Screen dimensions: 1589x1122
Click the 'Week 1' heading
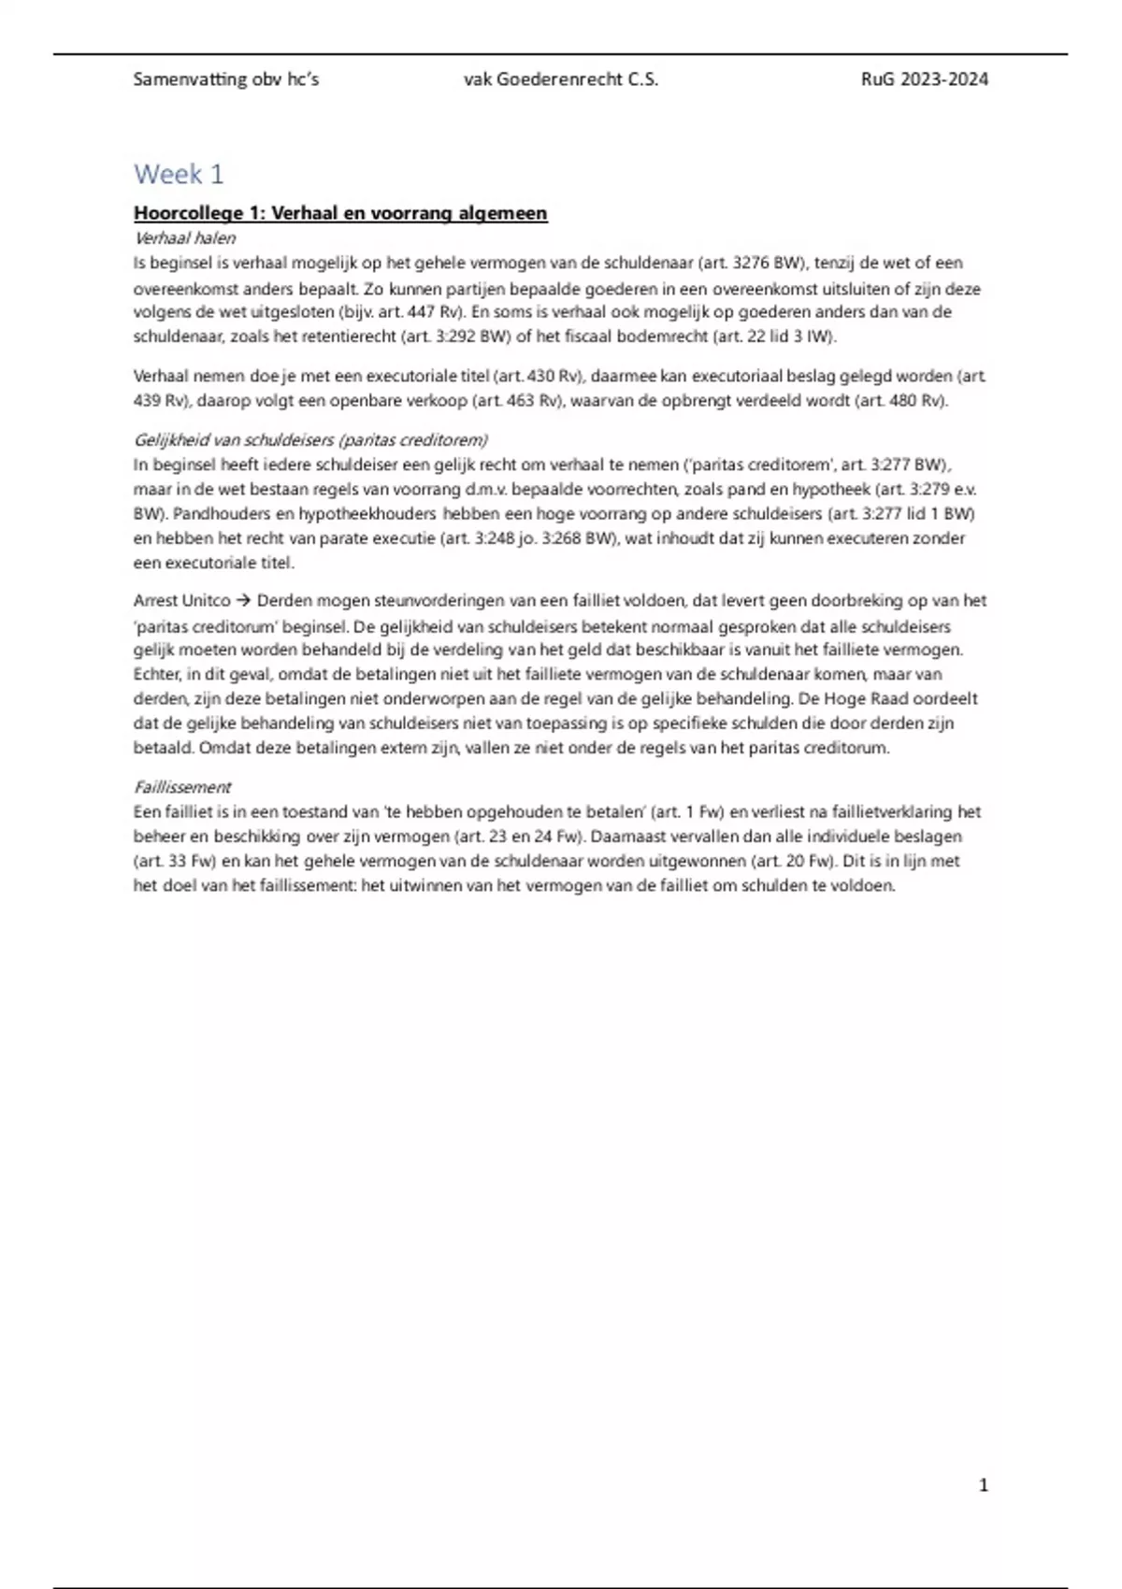179,174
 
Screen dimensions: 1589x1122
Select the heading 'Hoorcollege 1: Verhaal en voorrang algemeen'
340,213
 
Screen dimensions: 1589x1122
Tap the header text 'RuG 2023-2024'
924,79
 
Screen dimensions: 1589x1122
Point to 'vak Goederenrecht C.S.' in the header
561,79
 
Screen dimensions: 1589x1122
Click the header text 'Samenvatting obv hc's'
226,79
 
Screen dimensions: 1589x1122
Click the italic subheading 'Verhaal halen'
185,238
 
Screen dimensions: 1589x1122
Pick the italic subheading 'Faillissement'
182,787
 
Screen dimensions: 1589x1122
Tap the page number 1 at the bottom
983,1484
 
